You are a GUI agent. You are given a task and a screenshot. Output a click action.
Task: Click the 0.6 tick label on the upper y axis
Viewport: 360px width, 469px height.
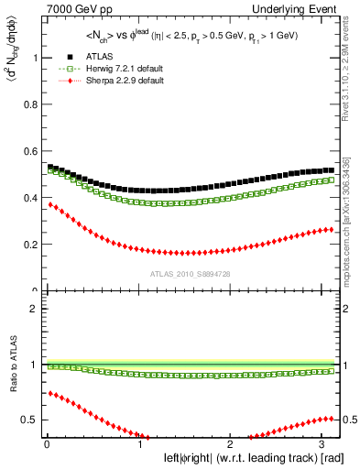tap(29, 151)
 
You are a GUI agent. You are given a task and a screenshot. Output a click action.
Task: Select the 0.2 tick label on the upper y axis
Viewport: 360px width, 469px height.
tap(29, 245)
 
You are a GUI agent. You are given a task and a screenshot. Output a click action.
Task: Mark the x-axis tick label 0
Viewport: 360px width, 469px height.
tap(45, 444)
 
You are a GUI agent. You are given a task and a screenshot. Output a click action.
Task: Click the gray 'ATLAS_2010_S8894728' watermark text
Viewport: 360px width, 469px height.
tap(191, 274)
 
